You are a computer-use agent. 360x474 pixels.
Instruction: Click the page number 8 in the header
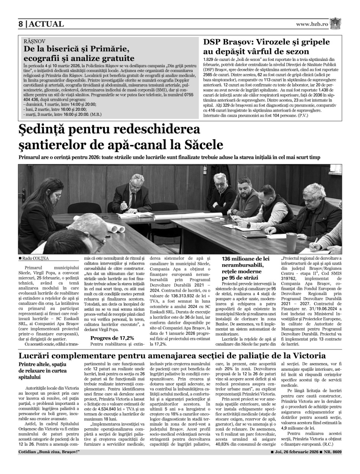click(x=21, y=24)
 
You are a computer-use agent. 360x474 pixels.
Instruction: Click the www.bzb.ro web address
click(x=312, y=24)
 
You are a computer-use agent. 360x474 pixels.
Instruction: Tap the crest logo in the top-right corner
click(x=336, y=23)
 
